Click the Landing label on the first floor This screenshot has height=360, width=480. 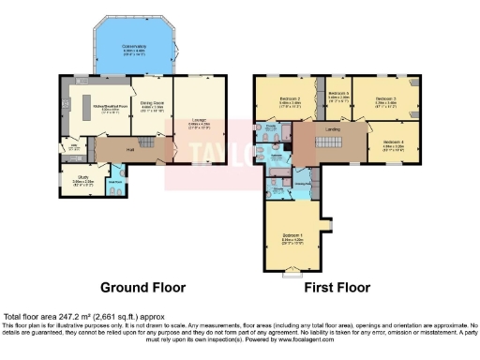coord(332,129)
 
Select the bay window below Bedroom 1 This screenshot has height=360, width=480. coord(292,273)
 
